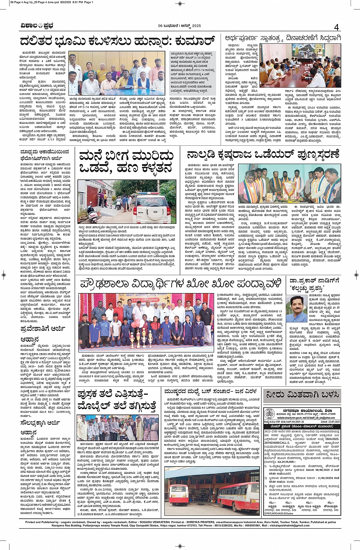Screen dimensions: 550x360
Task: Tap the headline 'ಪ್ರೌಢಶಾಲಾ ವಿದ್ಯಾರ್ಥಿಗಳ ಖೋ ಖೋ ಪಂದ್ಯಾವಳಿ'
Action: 181,284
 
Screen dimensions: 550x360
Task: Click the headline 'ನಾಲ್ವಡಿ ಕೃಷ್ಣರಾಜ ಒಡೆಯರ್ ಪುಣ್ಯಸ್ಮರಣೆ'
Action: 263,155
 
